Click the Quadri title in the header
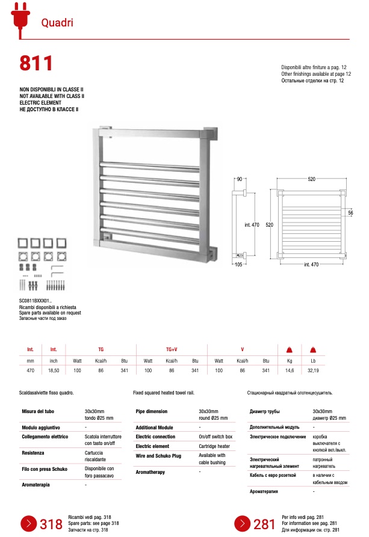click(57, 23)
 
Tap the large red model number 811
click(37, 63)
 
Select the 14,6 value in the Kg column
click(288, 372)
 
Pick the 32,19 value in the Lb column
click(313, 372)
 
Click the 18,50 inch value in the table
click(54, 372)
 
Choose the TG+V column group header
click(172, 349)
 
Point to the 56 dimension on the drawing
click(350, 213)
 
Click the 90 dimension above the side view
click(239, 180)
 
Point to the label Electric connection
click(155, 436)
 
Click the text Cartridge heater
click(214, 446)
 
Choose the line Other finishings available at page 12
click(316, 74)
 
